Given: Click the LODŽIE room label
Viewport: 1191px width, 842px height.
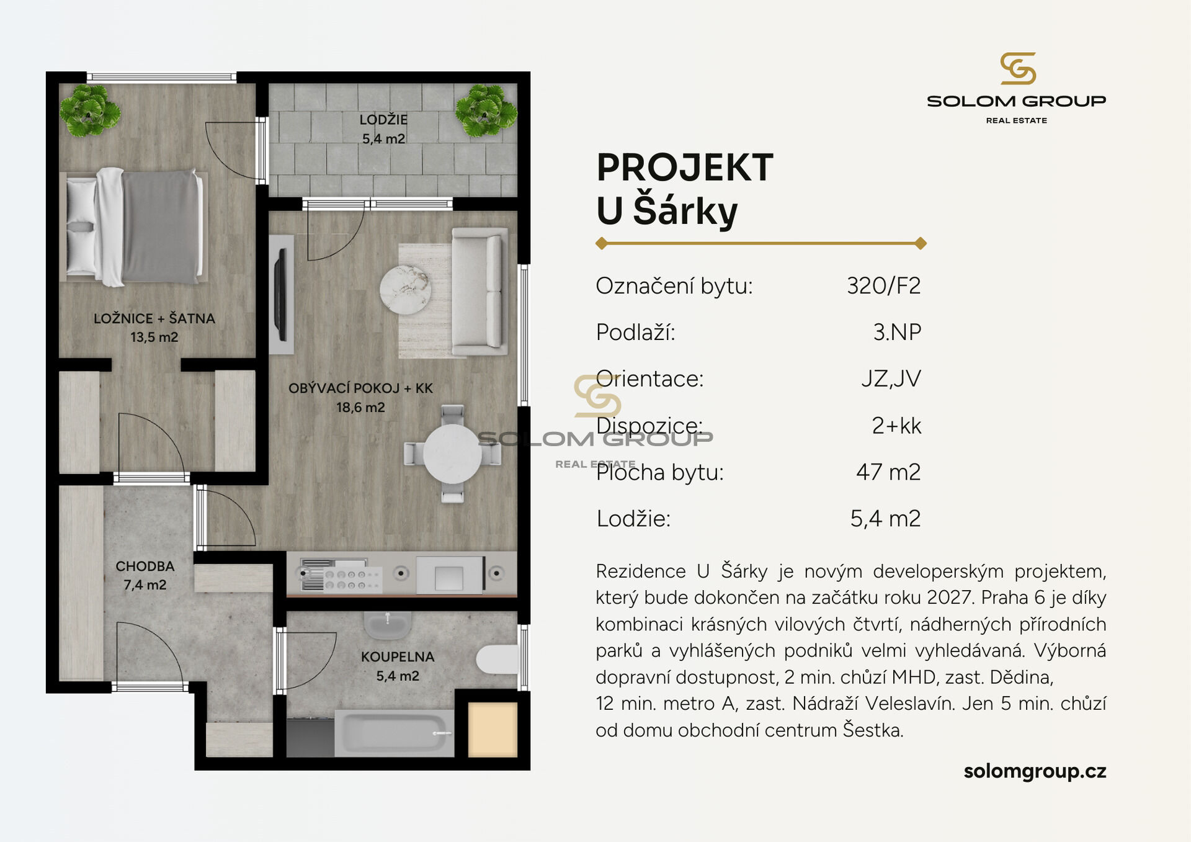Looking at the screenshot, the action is click(383, 119).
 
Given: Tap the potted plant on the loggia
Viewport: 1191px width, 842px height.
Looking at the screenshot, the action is click(486, 110).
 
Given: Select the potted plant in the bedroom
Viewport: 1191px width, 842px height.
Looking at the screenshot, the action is click(90, 110).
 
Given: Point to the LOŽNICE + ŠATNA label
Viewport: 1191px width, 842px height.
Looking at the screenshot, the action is click(154, 318).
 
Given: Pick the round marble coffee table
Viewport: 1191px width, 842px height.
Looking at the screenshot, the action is click(406, 290).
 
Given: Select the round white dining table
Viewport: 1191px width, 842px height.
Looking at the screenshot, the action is click(453, 454).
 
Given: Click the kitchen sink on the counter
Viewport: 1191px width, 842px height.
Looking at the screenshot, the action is click(449, 575).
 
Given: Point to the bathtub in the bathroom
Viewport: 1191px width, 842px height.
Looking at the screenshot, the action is click(395, 733).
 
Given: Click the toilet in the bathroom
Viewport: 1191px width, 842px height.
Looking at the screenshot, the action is click(497, 659).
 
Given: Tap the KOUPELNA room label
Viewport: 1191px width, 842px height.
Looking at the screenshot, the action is click(398, 656).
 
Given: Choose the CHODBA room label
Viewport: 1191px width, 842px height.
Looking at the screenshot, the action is click(145, 566).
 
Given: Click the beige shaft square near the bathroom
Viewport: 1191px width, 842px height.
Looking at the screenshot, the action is click(493, 730).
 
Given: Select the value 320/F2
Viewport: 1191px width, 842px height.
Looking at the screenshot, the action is click(884, 285).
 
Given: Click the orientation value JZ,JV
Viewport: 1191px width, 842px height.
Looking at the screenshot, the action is click(891, 378).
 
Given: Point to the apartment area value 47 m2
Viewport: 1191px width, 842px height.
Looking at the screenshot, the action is click(888, 472).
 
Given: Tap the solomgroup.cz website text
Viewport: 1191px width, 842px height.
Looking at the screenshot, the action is click(1035, 771).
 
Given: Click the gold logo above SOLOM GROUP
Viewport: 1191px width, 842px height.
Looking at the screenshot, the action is click(1018, 68).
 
